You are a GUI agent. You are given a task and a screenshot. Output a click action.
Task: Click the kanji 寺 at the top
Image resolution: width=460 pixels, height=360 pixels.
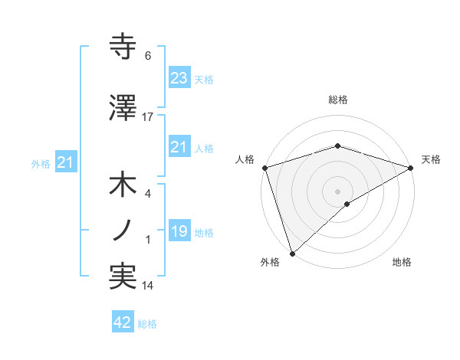[x=123, y=47]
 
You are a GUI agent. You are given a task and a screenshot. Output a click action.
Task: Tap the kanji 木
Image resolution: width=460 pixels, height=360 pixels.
[x=123, y=185]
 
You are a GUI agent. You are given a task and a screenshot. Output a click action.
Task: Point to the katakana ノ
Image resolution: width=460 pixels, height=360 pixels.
[x=123, y=229]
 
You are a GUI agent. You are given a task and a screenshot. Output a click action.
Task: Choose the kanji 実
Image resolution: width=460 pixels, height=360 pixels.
[x=123, y=276]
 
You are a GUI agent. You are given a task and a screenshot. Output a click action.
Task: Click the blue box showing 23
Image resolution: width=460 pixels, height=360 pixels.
[x=179, y=78]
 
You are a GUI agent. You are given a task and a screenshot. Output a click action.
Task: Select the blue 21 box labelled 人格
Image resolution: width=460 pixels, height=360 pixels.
[x=179, y=147]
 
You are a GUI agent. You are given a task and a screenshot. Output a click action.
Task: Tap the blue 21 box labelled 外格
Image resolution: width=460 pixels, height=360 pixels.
[x=65, y=162]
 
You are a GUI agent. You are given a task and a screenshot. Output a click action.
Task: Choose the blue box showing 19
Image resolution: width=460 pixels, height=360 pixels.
[x=179, y=231]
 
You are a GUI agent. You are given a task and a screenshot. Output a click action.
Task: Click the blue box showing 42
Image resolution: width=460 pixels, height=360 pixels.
[x=122, y=322]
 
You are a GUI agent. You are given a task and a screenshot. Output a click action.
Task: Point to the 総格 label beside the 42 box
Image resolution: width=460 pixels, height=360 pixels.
[x=147, y=324]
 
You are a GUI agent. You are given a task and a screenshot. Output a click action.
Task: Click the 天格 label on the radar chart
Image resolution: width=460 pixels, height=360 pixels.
[x=432, y=159]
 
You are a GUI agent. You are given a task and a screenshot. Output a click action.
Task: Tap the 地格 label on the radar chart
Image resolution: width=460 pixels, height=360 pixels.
[x=402, y=262]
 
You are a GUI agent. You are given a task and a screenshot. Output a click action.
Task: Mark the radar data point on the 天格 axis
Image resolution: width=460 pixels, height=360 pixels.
[x=411, y=168]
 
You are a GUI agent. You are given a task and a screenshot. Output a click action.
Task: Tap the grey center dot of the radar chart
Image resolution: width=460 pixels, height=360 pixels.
[x=337, y=191]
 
